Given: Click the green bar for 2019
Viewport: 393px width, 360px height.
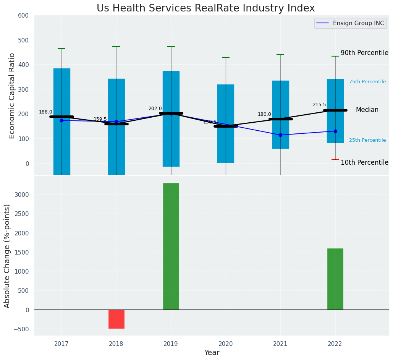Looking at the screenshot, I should tap(171, 246).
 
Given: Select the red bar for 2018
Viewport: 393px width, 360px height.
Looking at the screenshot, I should tap(116, 319).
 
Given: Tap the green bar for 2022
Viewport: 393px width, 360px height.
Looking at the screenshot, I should tap(335, 279).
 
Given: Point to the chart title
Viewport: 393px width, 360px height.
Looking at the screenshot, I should tap(205, 8).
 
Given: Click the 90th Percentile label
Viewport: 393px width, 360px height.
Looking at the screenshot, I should tap(364, 53).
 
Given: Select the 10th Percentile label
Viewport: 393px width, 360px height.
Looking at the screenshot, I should tap(364, 162).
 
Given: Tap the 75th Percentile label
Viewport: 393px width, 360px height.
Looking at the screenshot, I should tap(367, 82).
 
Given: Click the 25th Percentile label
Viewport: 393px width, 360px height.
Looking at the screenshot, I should tap(367, 140).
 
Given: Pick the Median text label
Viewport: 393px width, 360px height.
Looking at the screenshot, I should tap(367, 110).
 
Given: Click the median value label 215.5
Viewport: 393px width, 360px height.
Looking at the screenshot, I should tap(319, 105).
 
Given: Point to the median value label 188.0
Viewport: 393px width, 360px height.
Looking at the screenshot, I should tap(45, 112).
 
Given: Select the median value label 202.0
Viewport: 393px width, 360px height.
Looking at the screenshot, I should tap(155, 109).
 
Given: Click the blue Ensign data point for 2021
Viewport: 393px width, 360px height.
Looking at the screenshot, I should tap(280, 135).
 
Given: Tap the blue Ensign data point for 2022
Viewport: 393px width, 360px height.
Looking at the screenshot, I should tap(335, 131).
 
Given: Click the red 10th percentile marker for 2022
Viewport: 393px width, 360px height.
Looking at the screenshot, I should tap(335, 159).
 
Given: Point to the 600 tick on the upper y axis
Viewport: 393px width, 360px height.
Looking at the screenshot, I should tap(23, 16).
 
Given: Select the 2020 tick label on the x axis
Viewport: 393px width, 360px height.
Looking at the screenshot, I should tap(226, 344).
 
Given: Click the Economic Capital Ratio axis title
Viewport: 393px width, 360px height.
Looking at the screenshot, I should tap(12, 96).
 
